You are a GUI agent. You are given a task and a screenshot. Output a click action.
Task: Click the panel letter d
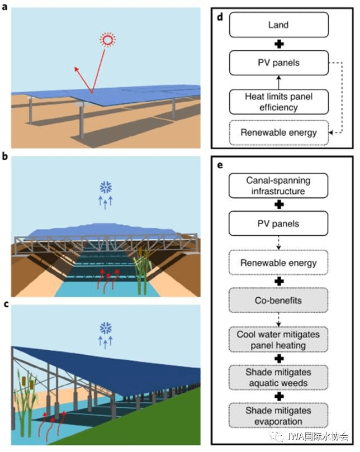click(220, 17)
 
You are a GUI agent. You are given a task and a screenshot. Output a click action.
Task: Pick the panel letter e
click(220, 166)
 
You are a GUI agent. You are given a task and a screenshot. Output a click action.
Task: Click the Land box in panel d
click(279, 25)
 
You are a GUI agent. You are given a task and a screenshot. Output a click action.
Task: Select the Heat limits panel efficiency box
click(279, 102)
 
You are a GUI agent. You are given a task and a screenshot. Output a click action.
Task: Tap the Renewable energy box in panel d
click(279, 133)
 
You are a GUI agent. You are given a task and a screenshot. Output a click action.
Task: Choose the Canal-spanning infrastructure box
click(279, 185)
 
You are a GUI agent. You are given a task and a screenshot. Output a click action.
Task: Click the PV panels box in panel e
click(279, 224)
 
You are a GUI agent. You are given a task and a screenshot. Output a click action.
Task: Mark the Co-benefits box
click(279, 301)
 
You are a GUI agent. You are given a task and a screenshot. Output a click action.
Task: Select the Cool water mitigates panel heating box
click(279, 340)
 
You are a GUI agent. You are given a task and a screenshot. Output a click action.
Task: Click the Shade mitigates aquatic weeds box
click(279, 378)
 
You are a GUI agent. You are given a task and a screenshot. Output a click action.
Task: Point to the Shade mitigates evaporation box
click(279, 416)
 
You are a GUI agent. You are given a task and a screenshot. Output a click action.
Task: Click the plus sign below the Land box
click(279, 44)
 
